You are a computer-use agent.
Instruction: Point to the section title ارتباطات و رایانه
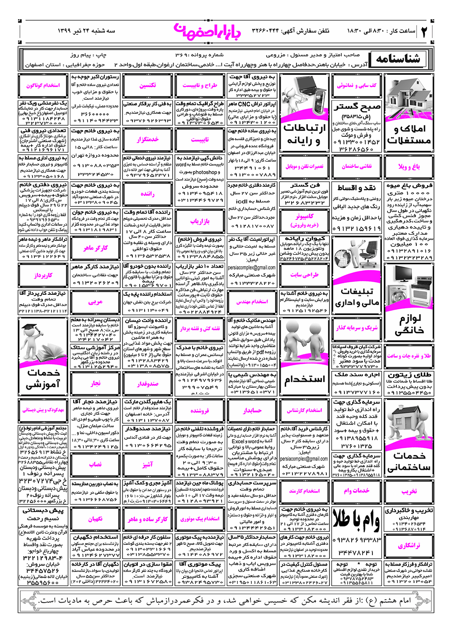point(304,135)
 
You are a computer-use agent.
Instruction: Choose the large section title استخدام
point(304,380)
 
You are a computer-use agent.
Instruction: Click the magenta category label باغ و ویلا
point(409,167)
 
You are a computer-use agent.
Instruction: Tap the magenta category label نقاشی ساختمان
point(357,167)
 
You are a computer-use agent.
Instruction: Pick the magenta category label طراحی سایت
point(304,274)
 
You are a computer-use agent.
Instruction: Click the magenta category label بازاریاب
point(200,221)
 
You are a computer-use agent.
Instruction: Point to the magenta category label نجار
point(95,383)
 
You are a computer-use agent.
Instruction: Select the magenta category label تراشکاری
point(409,546)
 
